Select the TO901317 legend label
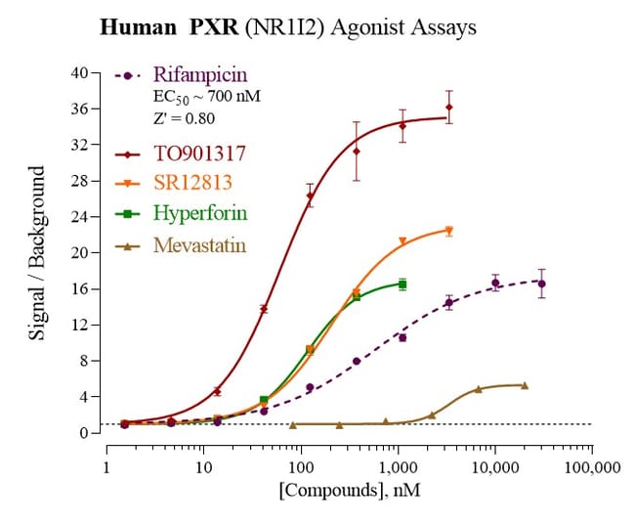click(x=199, y=153)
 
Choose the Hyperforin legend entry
click(x=200, y=214)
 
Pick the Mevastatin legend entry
click(x=200, y=244)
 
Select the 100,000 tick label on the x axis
click(x=592, y=466)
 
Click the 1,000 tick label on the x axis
click(x=398, y=466)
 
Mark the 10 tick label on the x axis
click(x=203, y=466)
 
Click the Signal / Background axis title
click(x=38, y=252)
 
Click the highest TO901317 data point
click(x=448, y=107)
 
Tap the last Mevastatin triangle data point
click(x=525, y=385)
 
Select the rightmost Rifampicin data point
click(x=541, y=284)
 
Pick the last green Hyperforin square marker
click(x=402, y=284)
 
